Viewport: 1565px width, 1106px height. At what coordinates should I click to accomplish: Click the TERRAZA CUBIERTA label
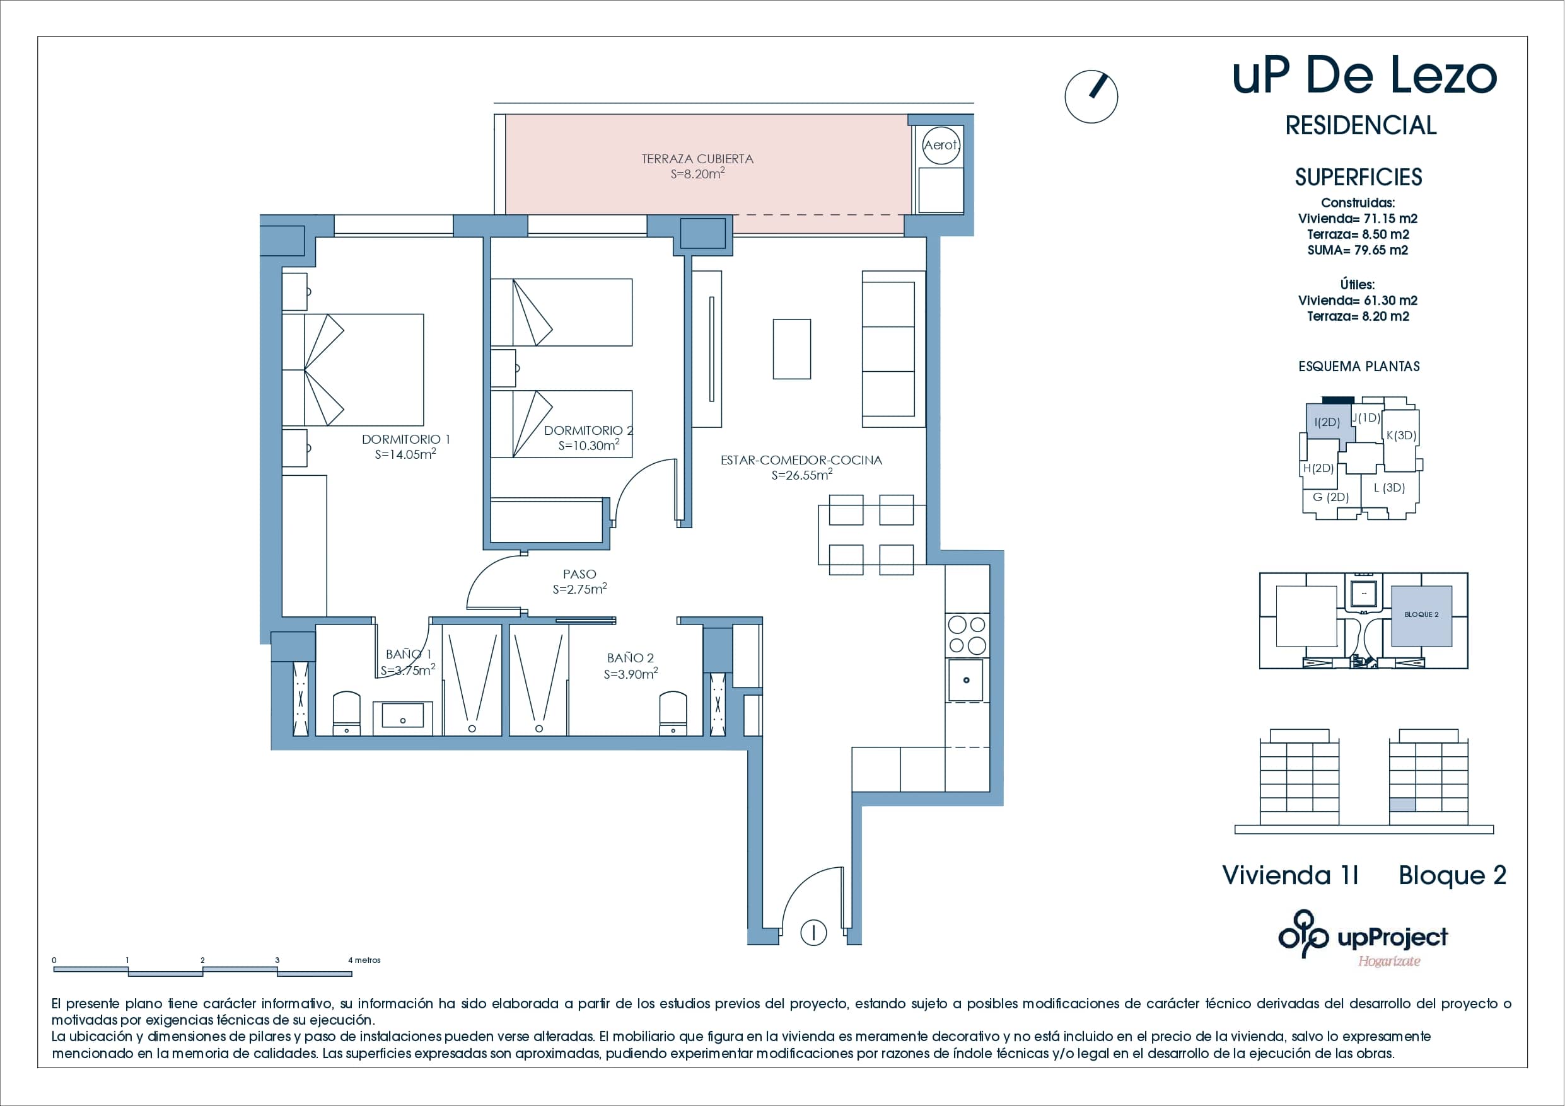[x=697, y=159]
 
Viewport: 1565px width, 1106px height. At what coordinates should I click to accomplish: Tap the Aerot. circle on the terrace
[x=941, y=145]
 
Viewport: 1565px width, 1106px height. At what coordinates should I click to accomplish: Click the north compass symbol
[x=1091, y=97]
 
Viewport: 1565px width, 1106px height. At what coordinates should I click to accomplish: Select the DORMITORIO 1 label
[x=405, y=439]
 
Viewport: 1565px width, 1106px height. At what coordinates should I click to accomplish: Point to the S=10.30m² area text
[x=588, y=446]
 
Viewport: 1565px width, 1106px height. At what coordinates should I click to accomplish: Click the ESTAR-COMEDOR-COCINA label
[x=801, y=460]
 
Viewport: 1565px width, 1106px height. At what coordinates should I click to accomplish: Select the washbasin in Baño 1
[x=402, y=716]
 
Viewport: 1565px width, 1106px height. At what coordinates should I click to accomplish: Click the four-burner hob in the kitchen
[x=967, y=635]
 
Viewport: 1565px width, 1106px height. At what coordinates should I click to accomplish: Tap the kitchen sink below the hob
[x=966, y=679]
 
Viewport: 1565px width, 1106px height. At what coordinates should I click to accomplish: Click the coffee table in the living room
[x=791, y=349]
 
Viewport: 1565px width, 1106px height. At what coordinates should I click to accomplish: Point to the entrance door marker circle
[x=813, y=931]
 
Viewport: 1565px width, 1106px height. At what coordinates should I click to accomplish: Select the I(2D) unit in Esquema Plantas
[x=1327, y=422]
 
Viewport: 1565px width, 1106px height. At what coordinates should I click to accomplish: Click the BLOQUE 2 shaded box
[x=1421, y=615]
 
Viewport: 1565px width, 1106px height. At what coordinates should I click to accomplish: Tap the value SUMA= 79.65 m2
[x=1357, y=250]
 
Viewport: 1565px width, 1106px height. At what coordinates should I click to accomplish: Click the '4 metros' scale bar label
[x=364, y=960]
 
